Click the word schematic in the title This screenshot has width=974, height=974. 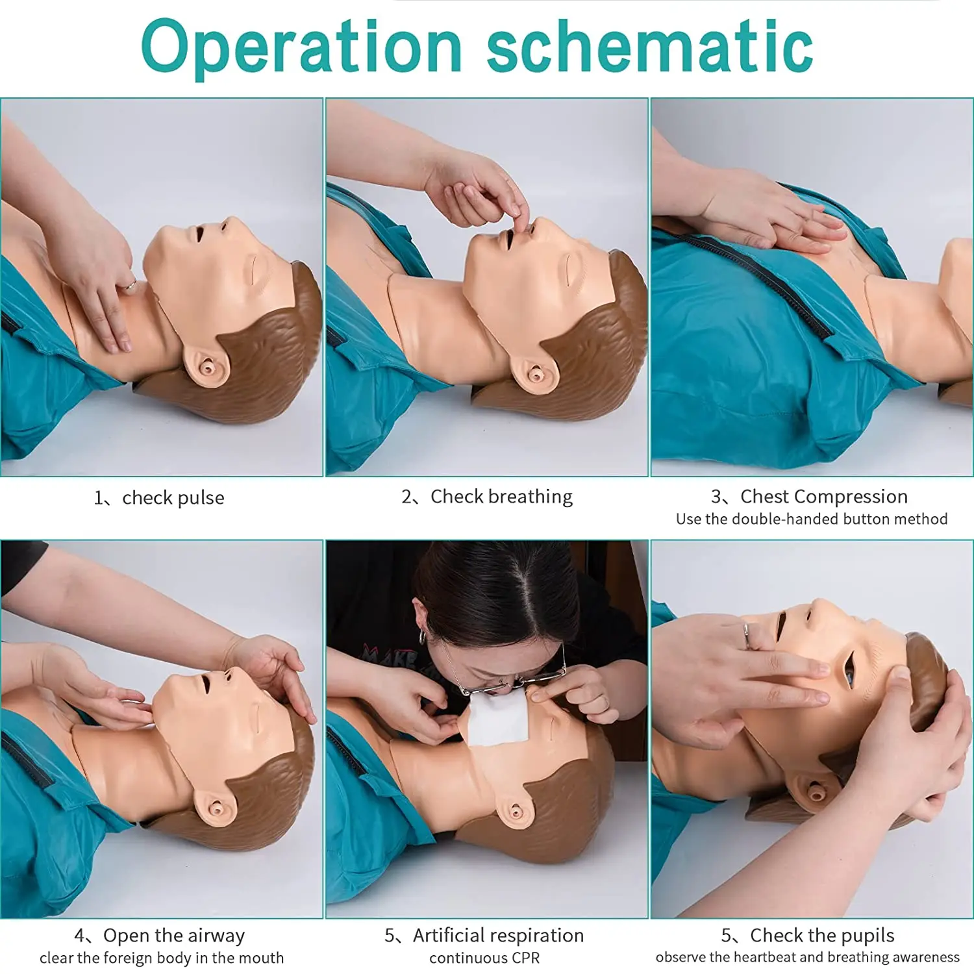[649, 47]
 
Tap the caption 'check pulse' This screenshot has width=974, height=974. [173, 498]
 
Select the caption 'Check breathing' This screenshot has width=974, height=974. [501, 497]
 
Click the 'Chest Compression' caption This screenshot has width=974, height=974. [823, 497]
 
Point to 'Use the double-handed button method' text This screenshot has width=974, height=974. [812, 519]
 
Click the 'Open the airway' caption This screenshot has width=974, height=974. [174, 936]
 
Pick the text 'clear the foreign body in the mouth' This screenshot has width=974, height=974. [162, 958]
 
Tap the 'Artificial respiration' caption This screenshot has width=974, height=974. [498, 936]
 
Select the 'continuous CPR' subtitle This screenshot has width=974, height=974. [484, 958]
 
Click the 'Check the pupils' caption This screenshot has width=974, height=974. [822, 936]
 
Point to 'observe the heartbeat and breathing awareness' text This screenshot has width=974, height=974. [807, 958]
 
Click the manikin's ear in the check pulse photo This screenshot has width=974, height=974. [206, 368]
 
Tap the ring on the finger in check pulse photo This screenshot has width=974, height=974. [130, 284]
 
